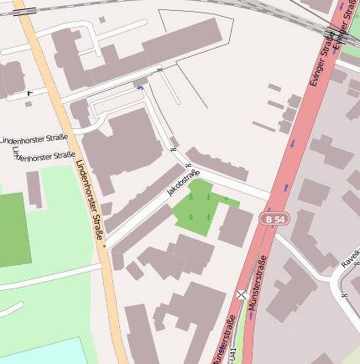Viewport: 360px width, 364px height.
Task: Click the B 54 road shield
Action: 273,219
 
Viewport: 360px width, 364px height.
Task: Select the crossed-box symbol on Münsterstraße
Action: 242,294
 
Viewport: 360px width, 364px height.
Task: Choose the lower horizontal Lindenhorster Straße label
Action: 46,157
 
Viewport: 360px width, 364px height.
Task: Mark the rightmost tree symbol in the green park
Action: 226,198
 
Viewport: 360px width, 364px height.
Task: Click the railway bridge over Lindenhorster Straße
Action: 23,12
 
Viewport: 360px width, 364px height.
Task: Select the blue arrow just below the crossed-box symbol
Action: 250,316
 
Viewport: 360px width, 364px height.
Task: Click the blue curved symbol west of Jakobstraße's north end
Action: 139,87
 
